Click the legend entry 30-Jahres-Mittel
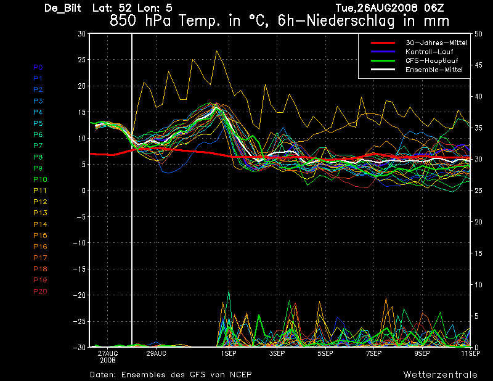436,43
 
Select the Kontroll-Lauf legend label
429,52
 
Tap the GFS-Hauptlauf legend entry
432,60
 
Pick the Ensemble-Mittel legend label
434,70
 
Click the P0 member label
38,67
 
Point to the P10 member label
40,179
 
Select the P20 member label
40,292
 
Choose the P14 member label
40,224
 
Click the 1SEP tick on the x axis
229,353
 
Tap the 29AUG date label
156,353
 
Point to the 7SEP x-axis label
374,353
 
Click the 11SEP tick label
471,353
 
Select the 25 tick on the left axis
81,60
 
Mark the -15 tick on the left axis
79,269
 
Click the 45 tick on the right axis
478,65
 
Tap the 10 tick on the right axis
478,285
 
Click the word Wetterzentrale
441,375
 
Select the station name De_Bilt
63,8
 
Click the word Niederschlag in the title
350,21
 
